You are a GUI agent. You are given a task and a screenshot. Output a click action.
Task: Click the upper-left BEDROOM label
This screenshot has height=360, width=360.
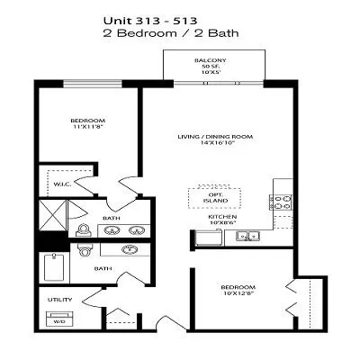click(88, 121)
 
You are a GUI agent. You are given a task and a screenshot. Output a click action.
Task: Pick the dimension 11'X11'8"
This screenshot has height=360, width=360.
click(88, 129)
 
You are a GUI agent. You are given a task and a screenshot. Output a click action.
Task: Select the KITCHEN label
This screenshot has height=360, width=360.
click(222, 217)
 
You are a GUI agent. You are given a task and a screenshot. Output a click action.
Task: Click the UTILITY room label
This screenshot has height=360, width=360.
click(59, 299)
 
